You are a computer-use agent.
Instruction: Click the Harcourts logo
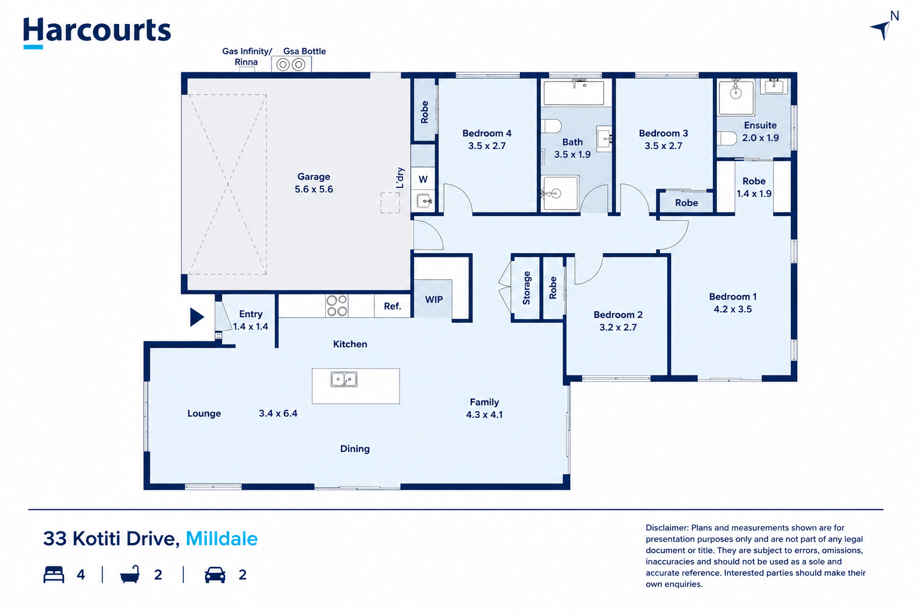[x=97, y=32]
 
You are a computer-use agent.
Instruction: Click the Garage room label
[x=314, y=177]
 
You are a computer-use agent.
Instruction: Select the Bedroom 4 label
[x=487, y=133]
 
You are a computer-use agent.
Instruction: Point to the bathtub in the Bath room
[x=574, y=93]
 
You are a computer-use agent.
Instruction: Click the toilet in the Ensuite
[x=727, y=138]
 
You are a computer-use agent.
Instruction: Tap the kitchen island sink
[x=344, y=380]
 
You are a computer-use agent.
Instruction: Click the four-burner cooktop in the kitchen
[x=337, y=306]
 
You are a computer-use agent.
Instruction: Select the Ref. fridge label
[x=392, y=306]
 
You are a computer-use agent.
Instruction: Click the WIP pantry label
[x=434, y=299]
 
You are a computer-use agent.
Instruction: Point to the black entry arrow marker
[x=196, y=317]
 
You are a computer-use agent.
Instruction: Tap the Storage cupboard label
[x=526, y=288]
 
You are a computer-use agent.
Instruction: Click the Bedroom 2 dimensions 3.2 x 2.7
[x=618, y=327]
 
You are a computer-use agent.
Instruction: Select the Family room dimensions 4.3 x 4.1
[x=484, y=415]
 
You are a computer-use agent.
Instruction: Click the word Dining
[x=355, y=449]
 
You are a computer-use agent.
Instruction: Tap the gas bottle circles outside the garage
[x=290, y=65]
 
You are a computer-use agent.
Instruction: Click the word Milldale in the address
[x=222, y=539]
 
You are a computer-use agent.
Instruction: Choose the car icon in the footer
[x=215, y=575]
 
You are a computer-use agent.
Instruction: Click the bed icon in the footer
[x=54, y=575]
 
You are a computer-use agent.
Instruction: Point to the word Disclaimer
[x=667, y=527]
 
